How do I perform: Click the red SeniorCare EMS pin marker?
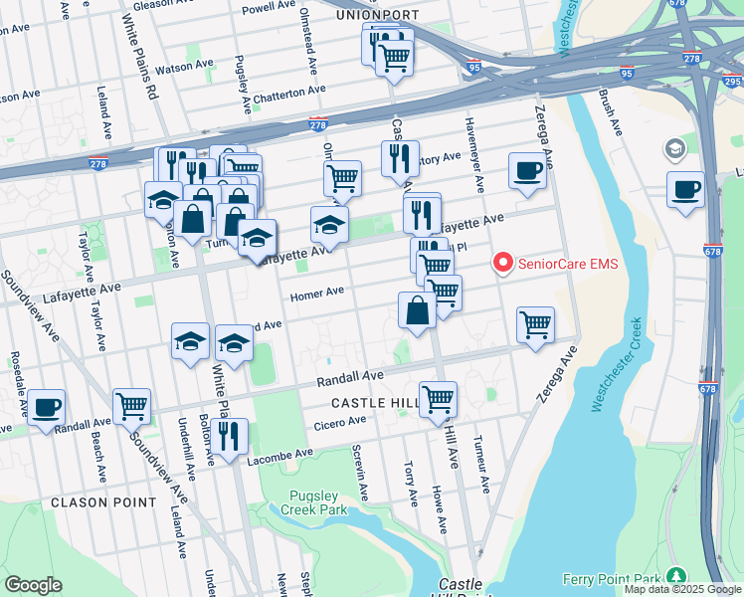(x=503, y=263)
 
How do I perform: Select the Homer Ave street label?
(x=316, y=294)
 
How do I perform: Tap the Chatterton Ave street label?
(x=288, y=90)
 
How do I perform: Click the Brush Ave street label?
(x=609, y=113)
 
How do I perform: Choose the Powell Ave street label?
(x=270, y=7)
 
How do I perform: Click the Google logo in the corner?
(x=33, y=584)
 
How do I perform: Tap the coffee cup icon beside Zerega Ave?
(x=527, y=169)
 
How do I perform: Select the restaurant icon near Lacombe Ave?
(x=229, y=437)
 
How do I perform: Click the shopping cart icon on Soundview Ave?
(x=131, y=405)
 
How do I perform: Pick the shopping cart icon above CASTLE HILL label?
(x=438, y=398)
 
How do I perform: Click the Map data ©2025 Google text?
(x=681, y=589)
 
